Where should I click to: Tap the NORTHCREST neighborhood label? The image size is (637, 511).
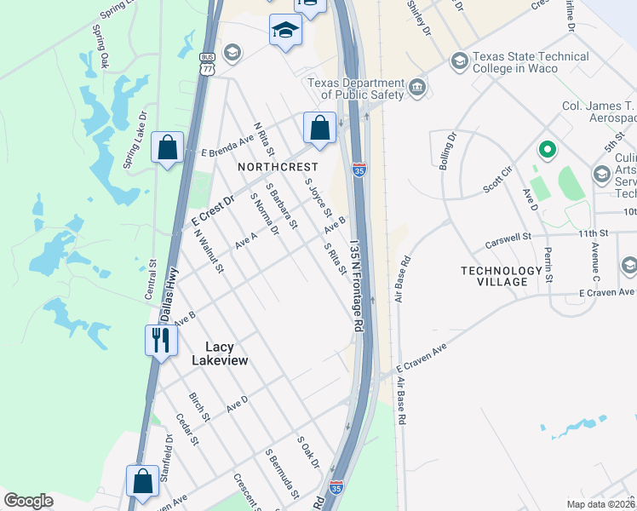pos(278,167)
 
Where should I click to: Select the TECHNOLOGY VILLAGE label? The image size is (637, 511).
pos(501,277)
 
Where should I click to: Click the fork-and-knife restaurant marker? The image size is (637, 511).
pos(160,341)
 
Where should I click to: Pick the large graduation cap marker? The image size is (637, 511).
pos(285,32)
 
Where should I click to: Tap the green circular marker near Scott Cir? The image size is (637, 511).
pos(546,151)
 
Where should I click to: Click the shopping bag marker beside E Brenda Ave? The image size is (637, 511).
pos(168,146)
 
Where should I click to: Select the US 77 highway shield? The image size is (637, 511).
pos(206,64)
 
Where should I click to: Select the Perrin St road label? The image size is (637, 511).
pos(548,267)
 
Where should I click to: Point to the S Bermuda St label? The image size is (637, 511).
pos(283,474)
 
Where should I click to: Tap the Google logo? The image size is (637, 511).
pos(28,501)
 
